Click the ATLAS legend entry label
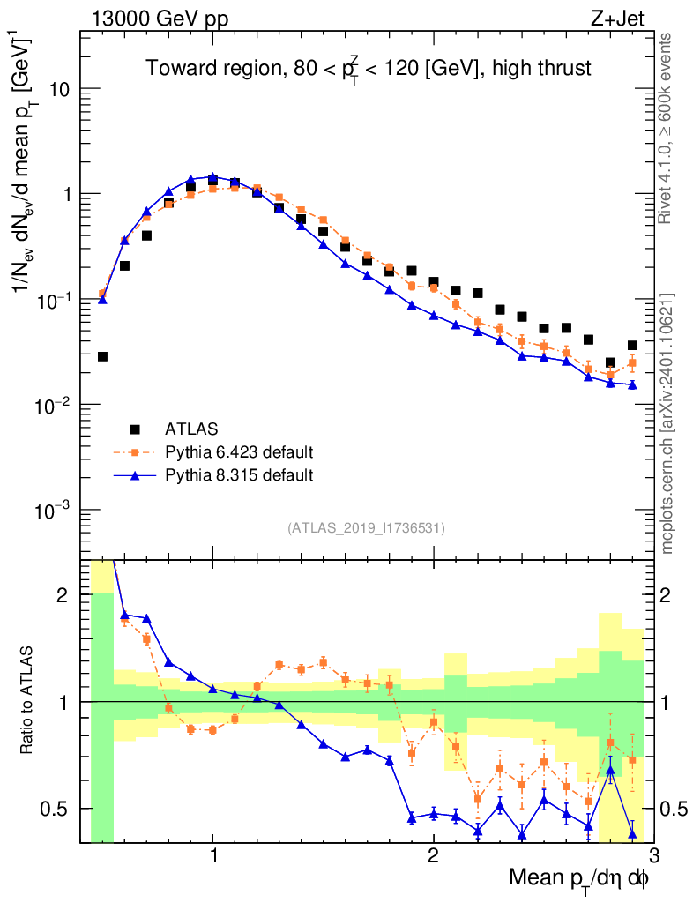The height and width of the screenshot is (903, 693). tap(191, 429)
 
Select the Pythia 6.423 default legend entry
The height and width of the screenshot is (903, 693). tap(239, 452)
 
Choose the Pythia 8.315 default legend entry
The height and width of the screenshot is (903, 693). tap(239, 475)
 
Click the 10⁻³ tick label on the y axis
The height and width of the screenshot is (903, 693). tap(53, 511)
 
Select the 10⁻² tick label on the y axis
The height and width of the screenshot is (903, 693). tap(53, 406)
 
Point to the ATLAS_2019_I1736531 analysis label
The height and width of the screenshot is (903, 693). tap(366, 528)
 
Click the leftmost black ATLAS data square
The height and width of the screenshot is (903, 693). tap(102, 356)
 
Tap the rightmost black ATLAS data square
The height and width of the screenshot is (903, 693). tap(632, 346)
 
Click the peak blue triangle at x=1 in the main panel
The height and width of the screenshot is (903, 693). tap(212, 177)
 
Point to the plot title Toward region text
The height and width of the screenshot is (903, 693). tap(369, 68)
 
